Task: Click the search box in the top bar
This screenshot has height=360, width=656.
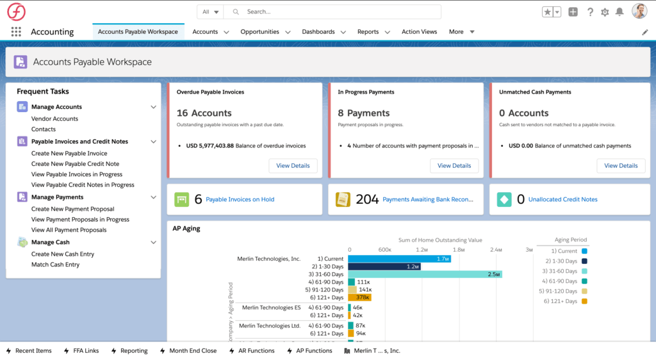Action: click(x=340, y=12)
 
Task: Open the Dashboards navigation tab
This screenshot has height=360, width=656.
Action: click(x=318, y=31)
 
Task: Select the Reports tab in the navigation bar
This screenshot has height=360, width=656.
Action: click(x=368, y=31)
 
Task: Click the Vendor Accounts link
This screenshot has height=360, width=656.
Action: click(x=54, y=119)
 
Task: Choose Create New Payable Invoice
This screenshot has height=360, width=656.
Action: click(x=69, y=153)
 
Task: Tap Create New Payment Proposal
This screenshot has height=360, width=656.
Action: click(x=72, y=209)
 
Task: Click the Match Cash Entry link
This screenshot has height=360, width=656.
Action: click(x=55, y=265)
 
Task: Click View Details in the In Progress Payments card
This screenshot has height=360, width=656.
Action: click(x=454, y=165)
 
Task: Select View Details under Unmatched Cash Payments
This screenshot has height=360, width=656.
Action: click(x=620, y=165)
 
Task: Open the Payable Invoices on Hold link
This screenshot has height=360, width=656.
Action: click(x=240, y=199)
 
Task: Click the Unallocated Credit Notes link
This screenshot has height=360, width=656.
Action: click(x=562, y=199)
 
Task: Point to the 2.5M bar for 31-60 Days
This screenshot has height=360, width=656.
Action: click(x=424, y=274)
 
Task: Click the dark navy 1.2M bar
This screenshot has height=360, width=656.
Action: click(x=384, y=266)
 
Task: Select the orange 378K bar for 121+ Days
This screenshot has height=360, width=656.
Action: click(x=359, y=297)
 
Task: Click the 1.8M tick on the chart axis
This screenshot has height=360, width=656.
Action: click(x=459, y=249)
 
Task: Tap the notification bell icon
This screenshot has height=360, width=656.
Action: click(x=619, y=12)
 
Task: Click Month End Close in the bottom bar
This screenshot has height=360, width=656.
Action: click(x=192, y=350)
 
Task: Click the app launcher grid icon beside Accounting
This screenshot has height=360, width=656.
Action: click(x=16, y=31)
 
